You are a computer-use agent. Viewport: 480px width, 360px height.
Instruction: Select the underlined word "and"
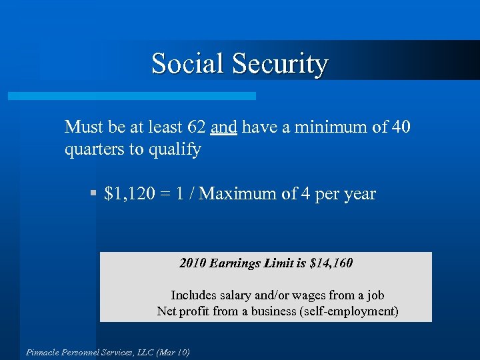[223, 127]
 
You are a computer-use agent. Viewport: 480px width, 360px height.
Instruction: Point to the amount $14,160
[331, 263]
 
